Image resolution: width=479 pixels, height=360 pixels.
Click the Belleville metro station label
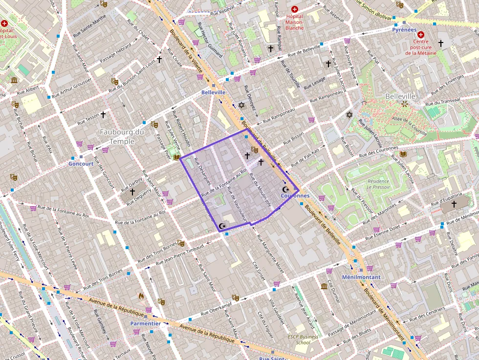(x=214, y=92)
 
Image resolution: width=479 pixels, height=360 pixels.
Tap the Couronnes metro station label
(x=295, y=196)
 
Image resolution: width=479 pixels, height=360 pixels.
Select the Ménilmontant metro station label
(x=361, y=277)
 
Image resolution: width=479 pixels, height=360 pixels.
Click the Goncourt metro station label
(x=81, y=164)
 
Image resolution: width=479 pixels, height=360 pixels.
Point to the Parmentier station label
(x=145, y=323)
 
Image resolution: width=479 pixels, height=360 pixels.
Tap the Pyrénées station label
(x=404, y=30)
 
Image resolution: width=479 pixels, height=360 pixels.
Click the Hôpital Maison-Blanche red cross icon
(x=294, y=9)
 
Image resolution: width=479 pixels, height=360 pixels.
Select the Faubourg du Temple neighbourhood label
(x=122, y=136)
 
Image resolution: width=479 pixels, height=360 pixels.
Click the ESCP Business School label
(x=303, y=339)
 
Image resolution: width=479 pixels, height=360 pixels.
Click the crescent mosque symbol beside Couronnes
(x=286, y=190)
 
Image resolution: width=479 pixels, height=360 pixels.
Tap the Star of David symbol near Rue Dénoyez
(x=241, y=105)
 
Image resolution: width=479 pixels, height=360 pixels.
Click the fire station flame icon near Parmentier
(x=142, y=296)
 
